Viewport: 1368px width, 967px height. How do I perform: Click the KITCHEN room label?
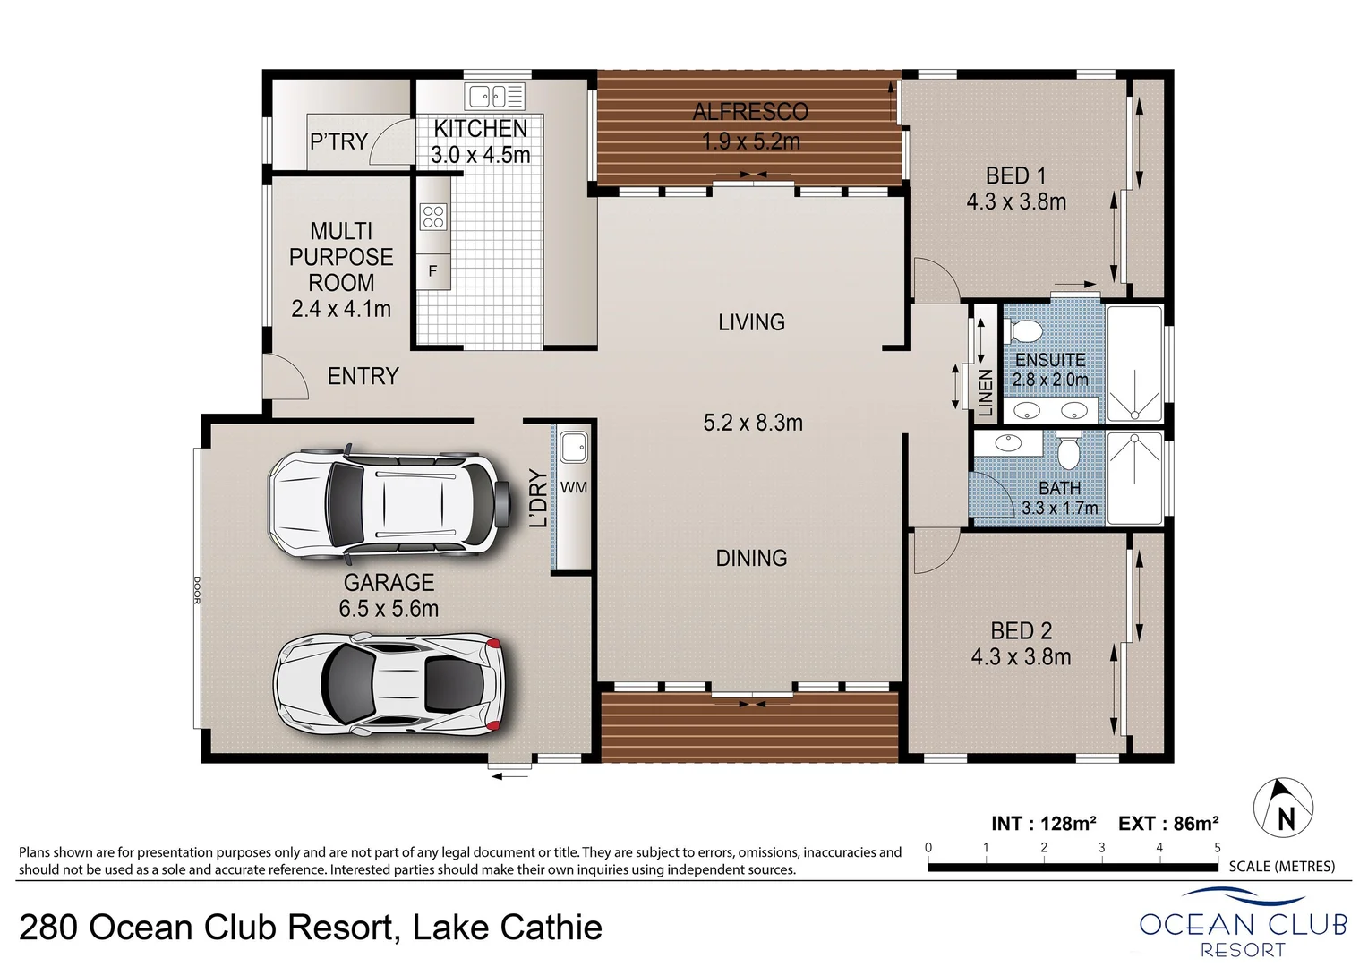[x=481, y=128]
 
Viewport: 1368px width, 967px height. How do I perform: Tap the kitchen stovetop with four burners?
[x=433, y=218]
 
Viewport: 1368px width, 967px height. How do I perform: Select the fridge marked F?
[x=433, y=270]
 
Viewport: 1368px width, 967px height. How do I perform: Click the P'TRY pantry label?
[x=338, y=141]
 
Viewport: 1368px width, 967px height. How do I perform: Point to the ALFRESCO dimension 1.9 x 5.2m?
[x=750, y=141]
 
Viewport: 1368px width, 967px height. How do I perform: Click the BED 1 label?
[x=1015, y=175]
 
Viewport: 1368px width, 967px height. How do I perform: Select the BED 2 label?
[x=1021, y=630]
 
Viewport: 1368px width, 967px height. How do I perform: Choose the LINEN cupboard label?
[x=986, y=393]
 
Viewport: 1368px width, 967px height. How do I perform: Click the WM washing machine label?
[x=574, y=487]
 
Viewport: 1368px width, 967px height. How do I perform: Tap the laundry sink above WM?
[x=573, y=446]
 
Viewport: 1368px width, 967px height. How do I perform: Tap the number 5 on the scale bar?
[x=1217, y=847]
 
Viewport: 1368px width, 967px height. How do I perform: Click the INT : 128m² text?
[x=1044, y=823]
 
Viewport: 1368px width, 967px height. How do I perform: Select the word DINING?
[x=751, y=558]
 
